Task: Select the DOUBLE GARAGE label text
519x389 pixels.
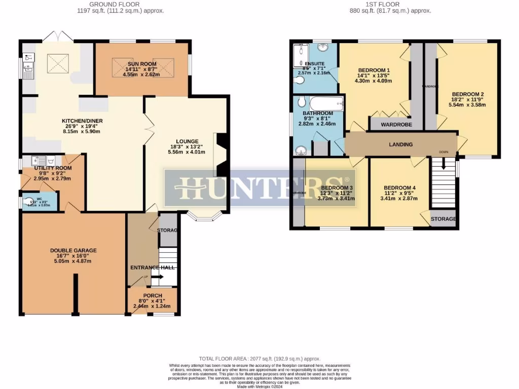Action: [73, 250]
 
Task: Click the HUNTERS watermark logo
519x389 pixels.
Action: [259, 187]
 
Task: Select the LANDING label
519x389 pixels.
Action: [400, 144]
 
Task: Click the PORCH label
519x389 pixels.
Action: [153, 295]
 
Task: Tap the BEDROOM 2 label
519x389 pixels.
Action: [468, 94]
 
